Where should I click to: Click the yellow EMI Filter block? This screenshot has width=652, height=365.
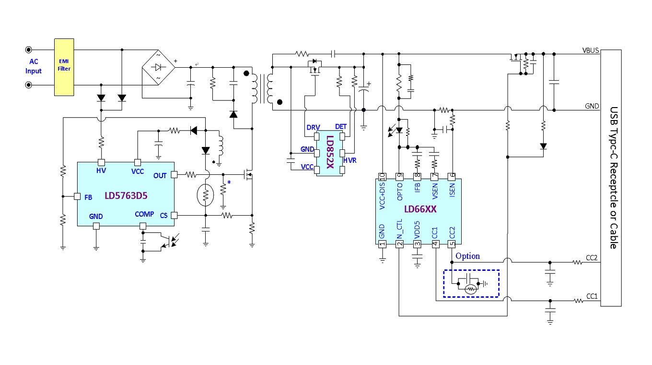[x=64, y=67]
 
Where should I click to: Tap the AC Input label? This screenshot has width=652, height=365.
[x=34, y=66]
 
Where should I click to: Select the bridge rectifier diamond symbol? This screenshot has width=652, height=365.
[x=159, y=67]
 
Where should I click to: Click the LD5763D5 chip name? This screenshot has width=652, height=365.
[x=126, y=195]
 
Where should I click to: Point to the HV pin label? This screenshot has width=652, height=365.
[x=101, y=170]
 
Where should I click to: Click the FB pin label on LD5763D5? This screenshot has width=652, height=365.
[x=88, y=197]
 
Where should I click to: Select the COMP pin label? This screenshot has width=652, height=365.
[x=144, y=214]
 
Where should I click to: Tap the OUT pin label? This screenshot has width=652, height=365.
[x=160, y=175]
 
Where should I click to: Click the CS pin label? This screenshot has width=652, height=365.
[x=163, y=216]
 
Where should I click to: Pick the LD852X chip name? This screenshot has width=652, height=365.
[x=330, y=152]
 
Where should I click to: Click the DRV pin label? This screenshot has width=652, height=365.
[x=313, y=127]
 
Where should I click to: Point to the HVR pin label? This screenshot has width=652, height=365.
[x=349, y=160]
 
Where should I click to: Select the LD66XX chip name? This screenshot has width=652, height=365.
[x=420, y=209]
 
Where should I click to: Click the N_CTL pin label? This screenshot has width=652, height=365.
[x=400, y=229]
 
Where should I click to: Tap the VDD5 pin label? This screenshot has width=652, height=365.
[x=417, y=230]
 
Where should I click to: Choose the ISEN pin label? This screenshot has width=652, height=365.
[x=452, y=190]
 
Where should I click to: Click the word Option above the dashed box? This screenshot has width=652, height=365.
[x=467, y=256]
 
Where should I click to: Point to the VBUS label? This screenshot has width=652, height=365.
[x=591, y=50]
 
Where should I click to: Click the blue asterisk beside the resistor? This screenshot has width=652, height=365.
[x=229, y=182]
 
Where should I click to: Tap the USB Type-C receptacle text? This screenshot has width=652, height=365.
[x=614, y=178]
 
